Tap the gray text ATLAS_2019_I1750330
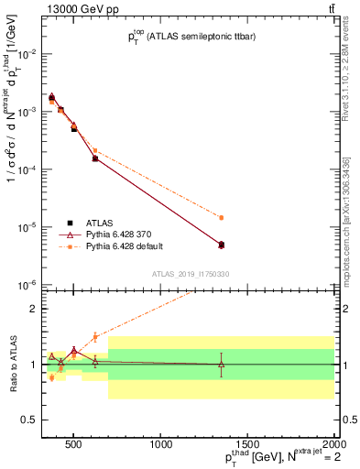click(x=191, y=273)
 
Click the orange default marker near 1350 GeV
click(x=222, y=218)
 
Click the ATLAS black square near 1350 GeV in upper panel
click(x=222, y=245)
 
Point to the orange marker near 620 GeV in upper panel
click(x=95, y=150)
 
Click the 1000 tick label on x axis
click(x=161, y=445)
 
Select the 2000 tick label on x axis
click(x=333, y=445)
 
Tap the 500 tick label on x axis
click(x=75, y=445)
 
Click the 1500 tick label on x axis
click(x=247, y=445)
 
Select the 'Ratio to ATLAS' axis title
click(x=12, y=364)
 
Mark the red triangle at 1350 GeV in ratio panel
click(x=222, y=364)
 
